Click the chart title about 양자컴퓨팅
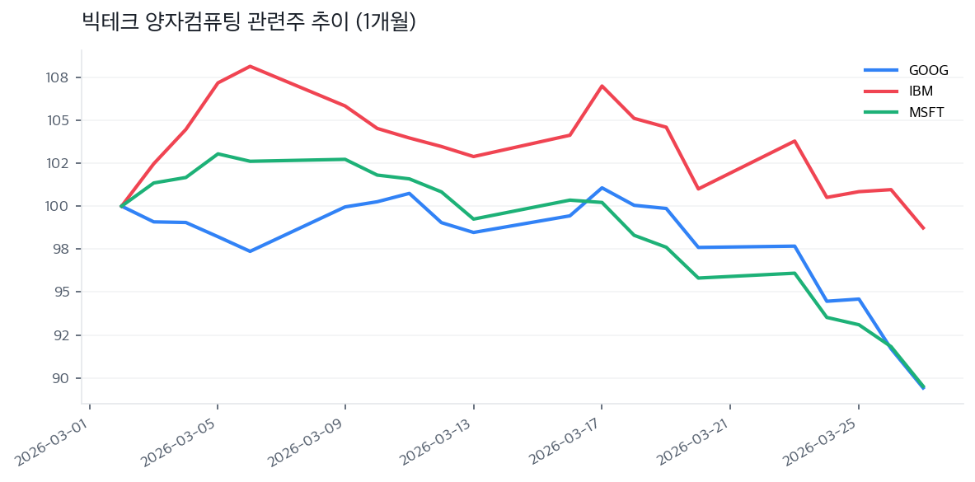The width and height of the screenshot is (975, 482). pos(249,22)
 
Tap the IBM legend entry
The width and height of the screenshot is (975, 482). pos(920,91)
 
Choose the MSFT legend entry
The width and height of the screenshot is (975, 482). pos(926,112)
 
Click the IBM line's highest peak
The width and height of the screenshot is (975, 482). pos(250,66)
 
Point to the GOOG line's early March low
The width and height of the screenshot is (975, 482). pos(250,251)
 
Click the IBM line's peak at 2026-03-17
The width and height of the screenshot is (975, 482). pos(602,86)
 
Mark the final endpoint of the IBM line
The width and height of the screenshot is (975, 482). pos(923,228)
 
